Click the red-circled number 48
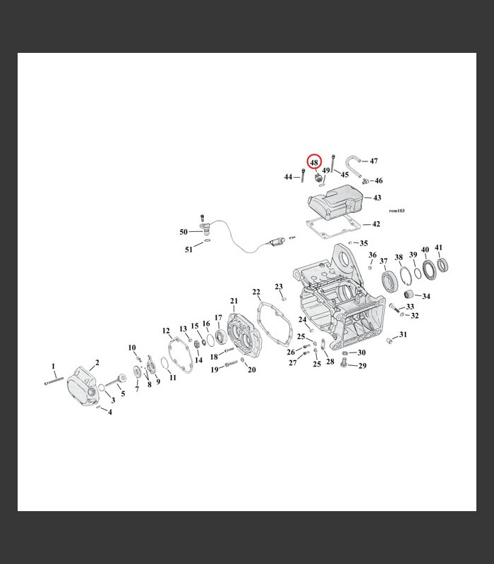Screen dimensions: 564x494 coord(314,162)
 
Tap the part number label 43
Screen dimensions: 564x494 coord(378,198)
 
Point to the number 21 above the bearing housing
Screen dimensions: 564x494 coord(234,301)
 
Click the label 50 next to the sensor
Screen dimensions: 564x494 coord(183,232)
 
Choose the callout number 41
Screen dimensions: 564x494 coord(438,247)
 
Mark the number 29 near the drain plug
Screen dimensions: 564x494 coord(362,366)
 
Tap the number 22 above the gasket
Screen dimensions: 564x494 coord(256,292)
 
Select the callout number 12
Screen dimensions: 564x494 coord(167,331)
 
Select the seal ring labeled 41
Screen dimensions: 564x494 coord(443,266)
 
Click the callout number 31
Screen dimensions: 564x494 coord(403,335)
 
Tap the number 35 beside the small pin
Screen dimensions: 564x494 coord(363,243)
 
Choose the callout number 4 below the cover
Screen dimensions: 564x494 coord(109,412)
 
